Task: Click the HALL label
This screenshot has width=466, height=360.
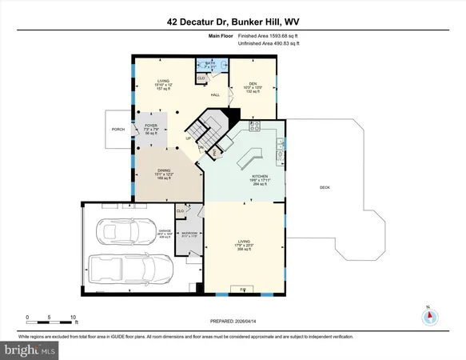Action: click(x=215, y=95)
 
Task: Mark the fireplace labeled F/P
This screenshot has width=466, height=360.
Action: click(x=243, y=287)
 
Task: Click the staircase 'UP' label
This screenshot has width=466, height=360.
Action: click(x=188, y=138)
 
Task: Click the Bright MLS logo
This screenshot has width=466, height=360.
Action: click(x=30, y=350)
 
